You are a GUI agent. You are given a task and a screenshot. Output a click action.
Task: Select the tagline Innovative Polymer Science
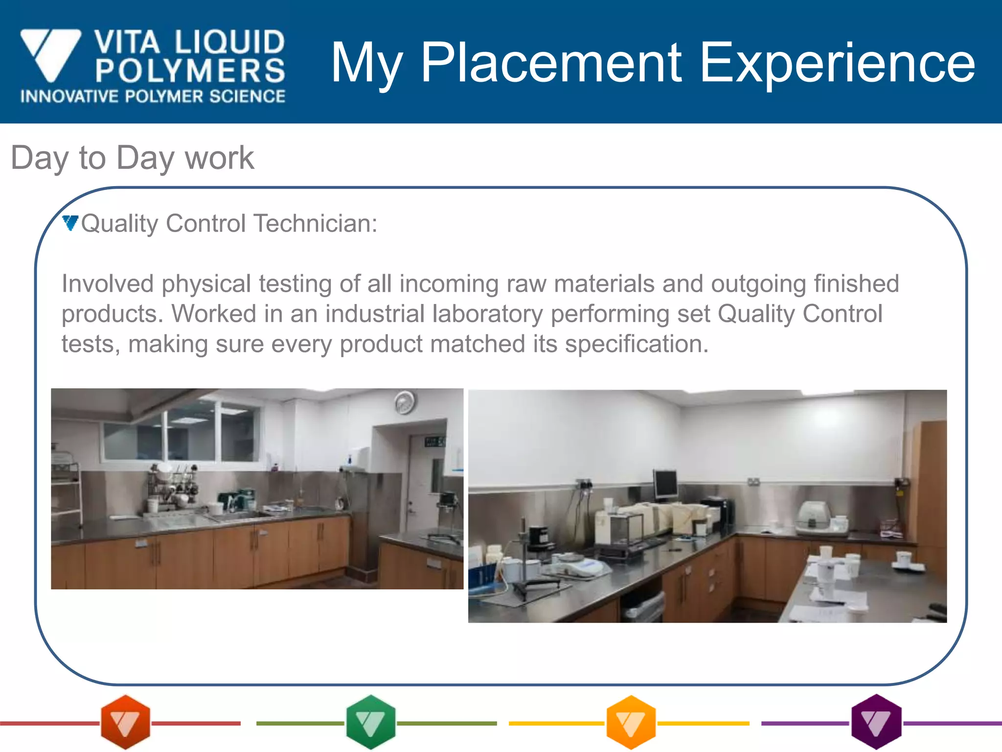[153, 96]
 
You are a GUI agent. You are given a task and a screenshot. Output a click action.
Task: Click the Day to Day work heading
[132, 158]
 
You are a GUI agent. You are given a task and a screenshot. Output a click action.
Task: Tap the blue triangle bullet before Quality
[70, 223]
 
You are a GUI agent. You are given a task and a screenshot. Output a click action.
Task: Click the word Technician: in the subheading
[316, 223]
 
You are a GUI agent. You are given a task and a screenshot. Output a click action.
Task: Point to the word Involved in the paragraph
[108, 284]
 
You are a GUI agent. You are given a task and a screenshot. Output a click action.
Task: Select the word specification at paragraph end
[636, 344]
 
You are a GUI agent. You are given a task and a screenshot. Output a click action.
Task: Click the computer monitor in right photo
[665, 484]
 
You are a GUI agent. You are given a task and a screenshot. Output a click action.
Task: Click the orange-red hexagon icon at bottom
[125, 722]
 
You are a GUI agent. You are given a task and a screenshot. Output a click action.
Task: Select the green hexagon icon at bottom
[370, 722]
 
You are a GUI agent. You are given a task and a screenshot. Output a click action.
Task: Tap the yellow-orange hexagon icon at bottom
[631, 722]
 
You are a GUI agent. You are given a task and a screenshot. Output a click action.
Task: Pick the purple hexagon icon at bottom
[876, 722]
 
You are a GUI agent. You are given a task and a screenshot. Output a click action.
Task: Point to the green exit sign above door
[434, 442]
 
